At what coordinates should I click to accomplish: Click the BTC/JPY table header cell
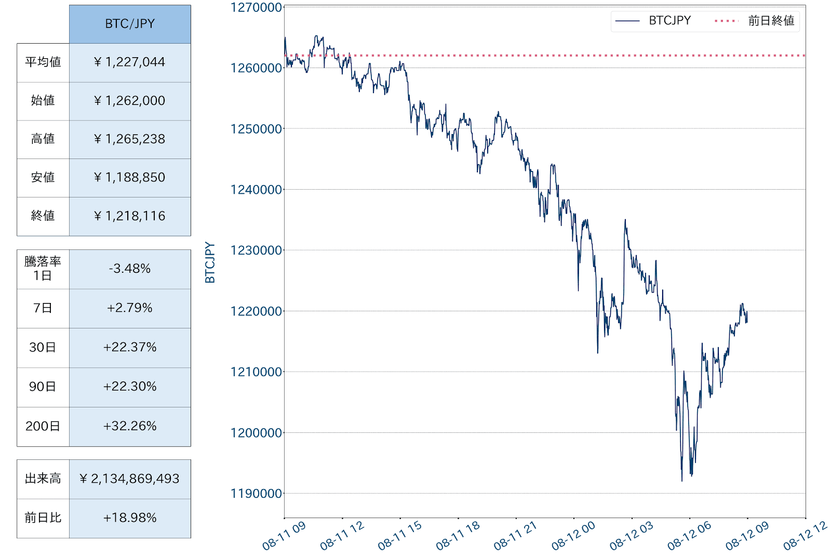130,24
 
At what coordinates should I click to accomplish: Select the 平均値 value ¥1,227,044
130,62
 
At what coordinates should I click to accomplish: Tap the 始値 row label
43,101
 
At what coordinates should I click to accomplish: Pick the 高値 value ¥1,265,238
130,139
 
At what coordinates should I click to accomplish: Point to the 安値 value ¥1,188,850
130,178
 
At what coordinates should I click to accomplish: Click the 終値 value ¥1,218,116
130,216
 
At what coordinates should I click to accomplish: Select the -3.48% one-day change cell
130,269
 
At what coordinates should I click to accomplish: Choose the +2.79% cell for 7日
130,308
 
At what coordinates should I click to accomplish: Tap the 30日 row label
43,348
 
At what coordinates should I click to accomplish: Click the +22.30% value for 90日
130,387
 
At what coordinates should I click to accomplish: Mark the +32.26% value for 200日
130,426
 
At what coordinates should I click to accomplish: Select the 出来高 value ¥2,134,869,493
130,479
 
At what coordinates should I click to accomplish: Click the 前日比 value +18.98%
130,518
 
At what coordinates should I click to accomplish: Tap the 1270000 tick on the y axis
257,8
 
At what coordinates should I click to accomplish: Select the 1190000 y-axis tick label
257,494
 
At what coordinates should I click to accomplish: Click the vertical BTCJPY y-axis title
210,262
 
